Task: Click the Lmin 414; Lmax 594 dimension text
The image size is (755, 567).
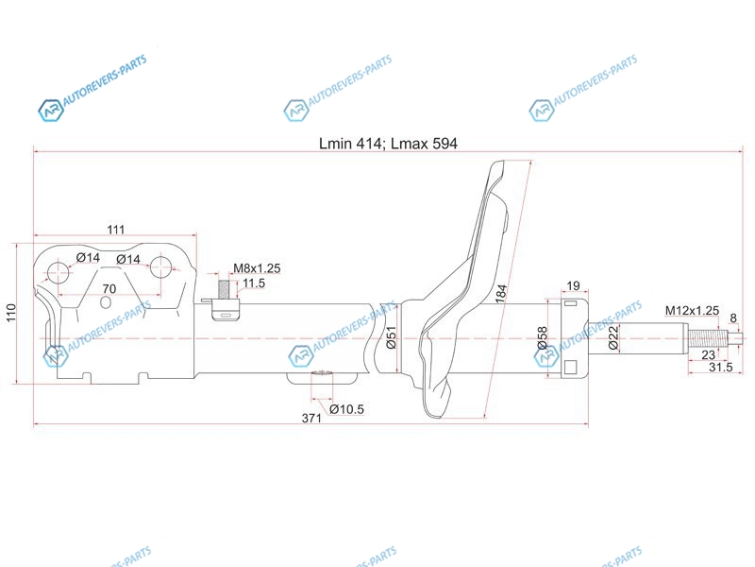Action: pyautogui.click(x=388, y=144)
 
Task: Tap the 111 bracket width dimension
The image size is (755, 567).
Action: pyautogui.click(x=115, y=229)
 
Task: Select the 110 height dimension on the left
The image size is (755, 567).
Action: pyautogui.click(x=10, y=313)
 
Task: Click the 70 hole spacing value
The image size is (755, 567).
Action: pyautogui.click(x=109, y=288)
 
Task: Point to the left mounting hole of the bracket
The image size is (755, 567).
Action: pyautogui.click(x=59, y=272)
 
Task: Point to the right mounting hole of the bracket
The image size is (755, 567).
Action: pyautogui.click(x=160, y=267)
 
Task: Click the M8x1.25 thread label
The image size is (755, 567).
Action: pyautogui.click(x=257, y=268)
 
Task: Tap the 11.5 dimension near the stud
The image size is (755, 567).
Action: pyautogui.click(x=254, y=283)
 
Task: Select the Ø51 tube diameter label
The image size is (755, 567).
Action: pyautogui.click(x=391, y=337)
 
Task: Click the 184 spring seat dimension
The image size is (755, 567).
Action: pyautogui.click(x=501, y=294)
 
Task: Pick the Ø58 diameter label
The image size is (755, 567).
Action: pyautogui.click(x=542, y=338)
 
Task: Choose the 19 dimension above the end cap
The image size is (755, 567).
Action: pyautogui.click(x=573, y=286)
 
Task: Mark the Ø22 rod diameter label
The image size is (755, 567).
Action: pyautogui.click(x=612, y=337)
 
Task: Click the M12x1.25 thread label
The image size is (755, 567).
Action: pyautogui.click(x=692, y=311)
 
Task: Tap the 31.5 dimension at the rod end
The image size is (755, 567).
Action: pyautogui.click(x=720, y=367)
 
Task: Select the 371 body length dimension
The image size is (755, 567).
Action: pyautogui.click(x=311, y=418)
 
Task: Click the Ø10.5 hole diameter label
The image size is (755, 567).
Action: pyautogui.click(x=346, y=409)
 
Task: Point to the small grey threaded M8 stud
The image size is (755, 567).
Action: pyautogui.click(x=224, y=289)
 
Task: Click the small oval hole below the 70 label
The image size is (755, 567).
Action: pyautogui.click(x=106, y=302)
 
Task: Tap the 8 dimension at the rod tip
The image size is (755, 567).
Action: pyautogui.click(x=733, y=318)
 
